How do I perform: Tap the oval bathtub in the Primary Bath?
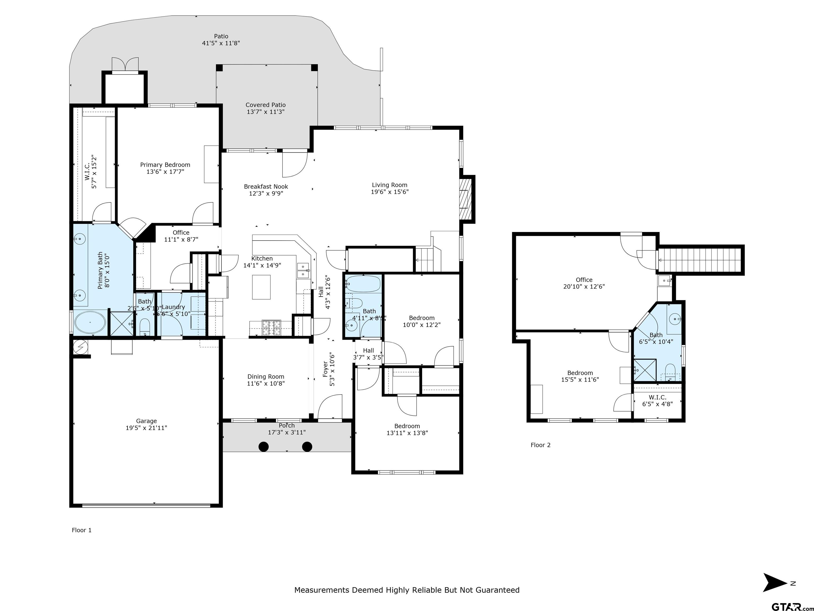click(x=90, y=323)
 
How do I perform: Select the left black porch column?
click(x=263, y=447)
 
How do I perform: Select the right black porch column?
click(x=307, y=447)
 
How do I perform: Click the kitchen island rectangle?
click(x=261, y=287)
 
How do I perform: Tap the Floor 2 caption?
click(x=540, y=445)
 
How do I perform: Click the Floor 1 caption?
click(x=81, y=530)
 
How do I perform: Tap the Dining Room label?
click(x=266, y=376)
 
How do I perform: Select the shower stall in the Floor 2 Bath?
click(x=644, y=370)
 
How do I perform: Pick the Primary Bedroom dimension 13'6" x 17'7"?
click(x=165, y=172)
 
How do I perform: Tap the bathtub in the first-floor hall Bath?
click(x=363, y=284)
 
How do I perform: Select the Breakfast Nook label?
click(x=266, y=187)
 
